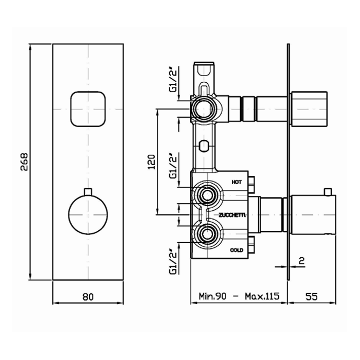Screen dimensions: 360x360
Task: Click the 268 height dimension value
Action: coord(24,161)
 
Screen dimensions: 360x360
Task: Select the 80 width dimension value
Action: coord(88,297)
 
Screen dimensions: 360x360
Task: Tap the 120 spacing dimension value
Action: coord(151,162)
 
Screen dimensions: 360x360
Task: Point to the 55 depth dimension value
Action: coord(312,296)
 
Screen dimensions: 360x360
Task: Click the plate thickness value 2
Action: coord(302,261)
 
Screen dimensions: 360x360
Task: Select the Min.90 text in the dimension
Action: coord(212,296)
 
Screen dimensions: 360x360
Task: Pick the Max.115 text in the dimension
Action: coord(262,296)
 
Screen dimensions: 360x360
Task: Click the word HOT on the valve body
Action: coord(237,182)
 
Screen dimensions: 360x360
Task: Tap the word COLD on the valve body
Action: coord(237,250)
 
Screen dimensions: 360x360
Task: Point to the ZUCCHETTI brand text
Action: coord(232,215)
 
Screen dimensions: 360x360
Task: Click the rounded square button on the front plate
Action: coord(88,109)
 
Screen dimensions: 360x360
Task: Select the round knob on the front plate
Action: coord(88,215)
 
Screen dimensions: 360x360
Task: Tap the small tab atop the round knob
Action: coord(88,192)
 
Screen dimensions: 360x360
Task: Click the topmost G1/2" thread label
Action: coord(173,79)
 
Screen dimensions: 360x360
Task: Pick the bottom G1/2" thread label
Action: coord(173,262)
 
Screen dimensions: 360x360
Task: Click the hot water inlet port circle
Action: coord(207,195)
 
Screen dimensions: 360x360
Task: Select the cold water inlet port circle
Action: coord(207,234)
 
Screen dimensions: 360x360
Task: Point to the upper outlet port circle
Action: coord(203,109)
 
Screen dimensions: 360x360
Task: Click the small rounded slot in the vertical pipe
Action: coord(204,146)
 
